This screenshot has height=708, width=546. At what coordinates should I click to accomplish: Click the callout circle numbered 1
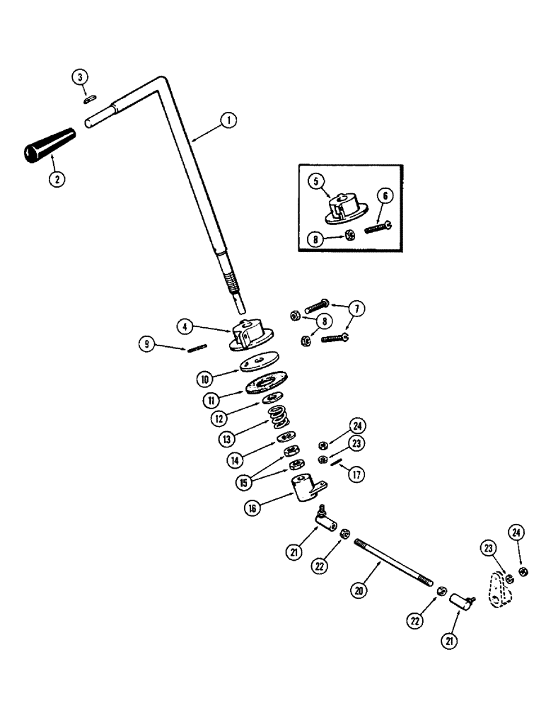pos(228,120)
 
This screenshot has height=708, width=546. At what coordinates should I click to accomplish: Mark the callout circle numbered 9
pos(148,345)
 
